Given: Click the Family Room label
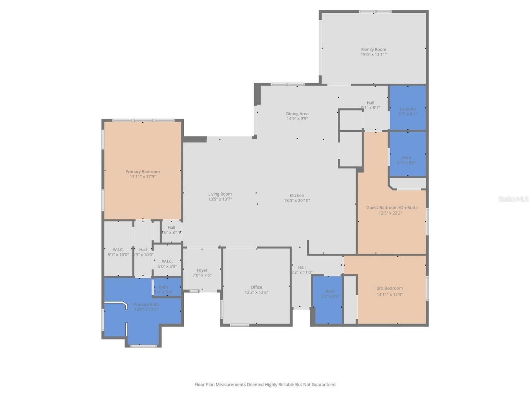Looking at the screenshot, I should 373,49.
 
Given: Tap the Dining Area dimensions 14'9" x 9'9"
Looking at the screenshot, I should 297,119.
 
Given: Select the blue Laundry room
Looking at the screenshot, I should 407,108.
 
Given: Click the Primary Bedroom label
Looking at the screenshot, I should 142,172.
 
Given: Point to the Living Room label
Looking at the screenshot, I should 220,194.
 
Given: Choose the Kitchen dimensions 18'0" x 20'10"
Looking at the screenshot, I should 297,201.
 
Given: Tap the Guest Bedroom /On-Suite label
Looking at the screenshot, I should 392,208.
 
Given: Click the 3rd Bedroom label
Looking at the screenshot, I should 389,288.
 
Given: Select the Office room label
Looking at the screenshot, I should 256,287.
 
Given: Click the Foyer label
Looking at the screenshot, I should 202,270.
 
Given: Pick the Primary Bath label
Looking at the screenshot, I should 146,304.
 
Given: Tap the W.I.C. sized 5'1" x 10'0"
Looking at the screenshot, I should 118,252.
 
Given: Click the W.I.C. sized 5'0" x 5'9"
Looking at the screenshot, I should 167,264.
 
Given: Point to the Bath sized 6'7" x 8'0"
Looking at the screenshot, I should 407,160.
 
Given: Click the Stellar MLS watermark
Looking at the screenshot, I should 513,199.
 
